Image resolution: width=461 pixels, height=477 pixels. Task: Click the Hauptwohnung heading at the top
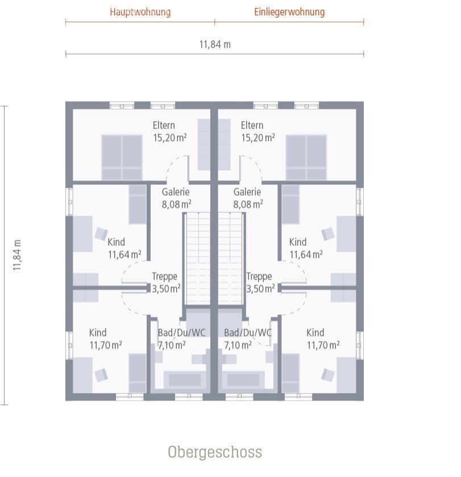pos(140,12)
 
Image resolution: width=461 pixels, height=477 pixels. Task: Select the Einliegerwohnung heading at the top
pos(289,12)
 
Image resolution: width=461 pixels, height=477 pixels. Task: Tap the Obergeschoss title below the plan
pos(215,452)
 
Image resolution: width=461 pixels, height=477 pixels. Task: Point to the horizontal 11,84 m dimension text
pos(215,44)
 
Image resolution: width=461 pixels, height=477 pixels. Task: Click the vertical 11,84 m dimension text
pos(17,254)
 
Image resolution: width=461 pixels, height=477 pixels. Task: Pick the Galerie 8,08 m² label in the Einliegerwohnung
pos(247,198)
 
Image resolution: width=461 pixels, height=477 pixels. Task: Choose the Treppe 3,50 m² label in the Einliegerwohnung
pos(260,282)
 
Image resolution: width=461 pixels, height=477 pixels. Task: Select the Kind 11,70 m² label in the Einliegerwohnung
pos(323,339)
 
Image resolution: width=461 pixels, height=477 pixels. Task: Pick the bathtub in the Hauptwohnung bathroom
pos(185,380)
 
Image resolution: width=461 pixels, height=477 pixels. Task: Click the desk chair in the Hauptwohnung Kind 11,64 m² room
pos(101,234)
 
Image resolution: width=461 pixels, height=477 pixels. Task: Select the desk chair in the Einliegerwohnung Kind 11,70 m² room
pos(328,375)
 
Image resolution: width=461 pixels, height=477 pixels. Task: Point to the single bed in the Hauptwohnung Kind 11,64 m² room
pos(138,204)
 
